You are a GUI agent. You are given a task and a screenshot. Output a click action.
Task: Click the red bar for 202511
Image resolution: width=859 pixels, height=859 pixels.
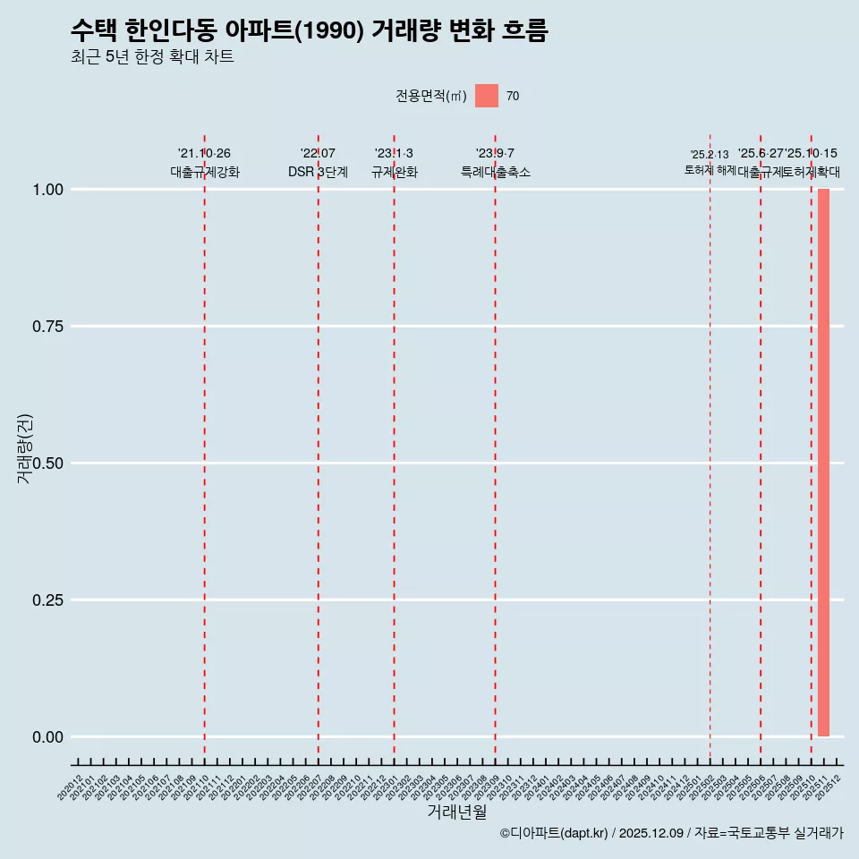click(823, 463)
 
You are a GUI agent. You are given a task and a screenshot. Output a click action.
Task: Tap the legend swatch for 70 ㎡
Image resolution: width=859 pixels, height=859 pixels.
click(487, 96)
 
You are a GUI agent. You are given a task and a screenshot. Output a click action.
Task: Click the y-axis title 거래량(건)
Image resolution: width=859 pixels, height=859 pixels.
click(25, 448)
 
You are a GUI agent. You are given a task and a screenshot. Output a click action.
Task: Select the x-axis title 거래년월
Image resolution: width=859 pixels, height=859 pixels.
click(457, 812)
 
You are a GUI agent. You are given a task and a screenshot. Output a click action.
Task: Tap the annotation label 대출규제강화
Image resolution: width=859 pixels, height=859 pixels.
click(205, 172)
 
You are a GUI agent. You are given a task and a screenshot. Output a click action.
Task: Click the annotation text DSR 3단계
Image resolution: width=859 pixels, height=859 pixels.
click(318, 172)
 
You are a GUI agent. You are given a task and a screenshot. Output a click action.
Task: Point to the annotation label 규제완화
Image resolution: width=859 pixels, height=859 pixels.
click(395, 172)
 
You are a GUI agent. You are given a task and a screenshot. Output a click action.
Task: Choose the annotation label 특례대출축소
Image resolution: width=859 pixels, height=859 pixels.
click(496, 172)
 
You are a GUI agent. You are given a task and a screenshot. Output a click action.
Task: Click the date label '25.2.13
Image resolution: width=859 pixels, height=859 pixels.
click(710, 155)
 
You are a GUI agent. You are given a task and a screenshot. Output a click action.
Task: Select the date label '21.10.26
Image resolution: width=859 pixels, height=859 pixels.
click(205, 154)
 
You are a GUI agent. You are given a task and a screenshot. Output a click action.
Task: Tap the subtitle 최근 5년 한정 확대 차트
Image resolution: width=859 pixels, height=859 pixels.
click(152, 58)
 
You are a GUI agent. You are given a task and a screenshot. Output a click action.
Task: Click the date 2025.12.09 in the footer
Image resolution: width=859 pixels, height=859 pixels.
click(651, 833)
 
